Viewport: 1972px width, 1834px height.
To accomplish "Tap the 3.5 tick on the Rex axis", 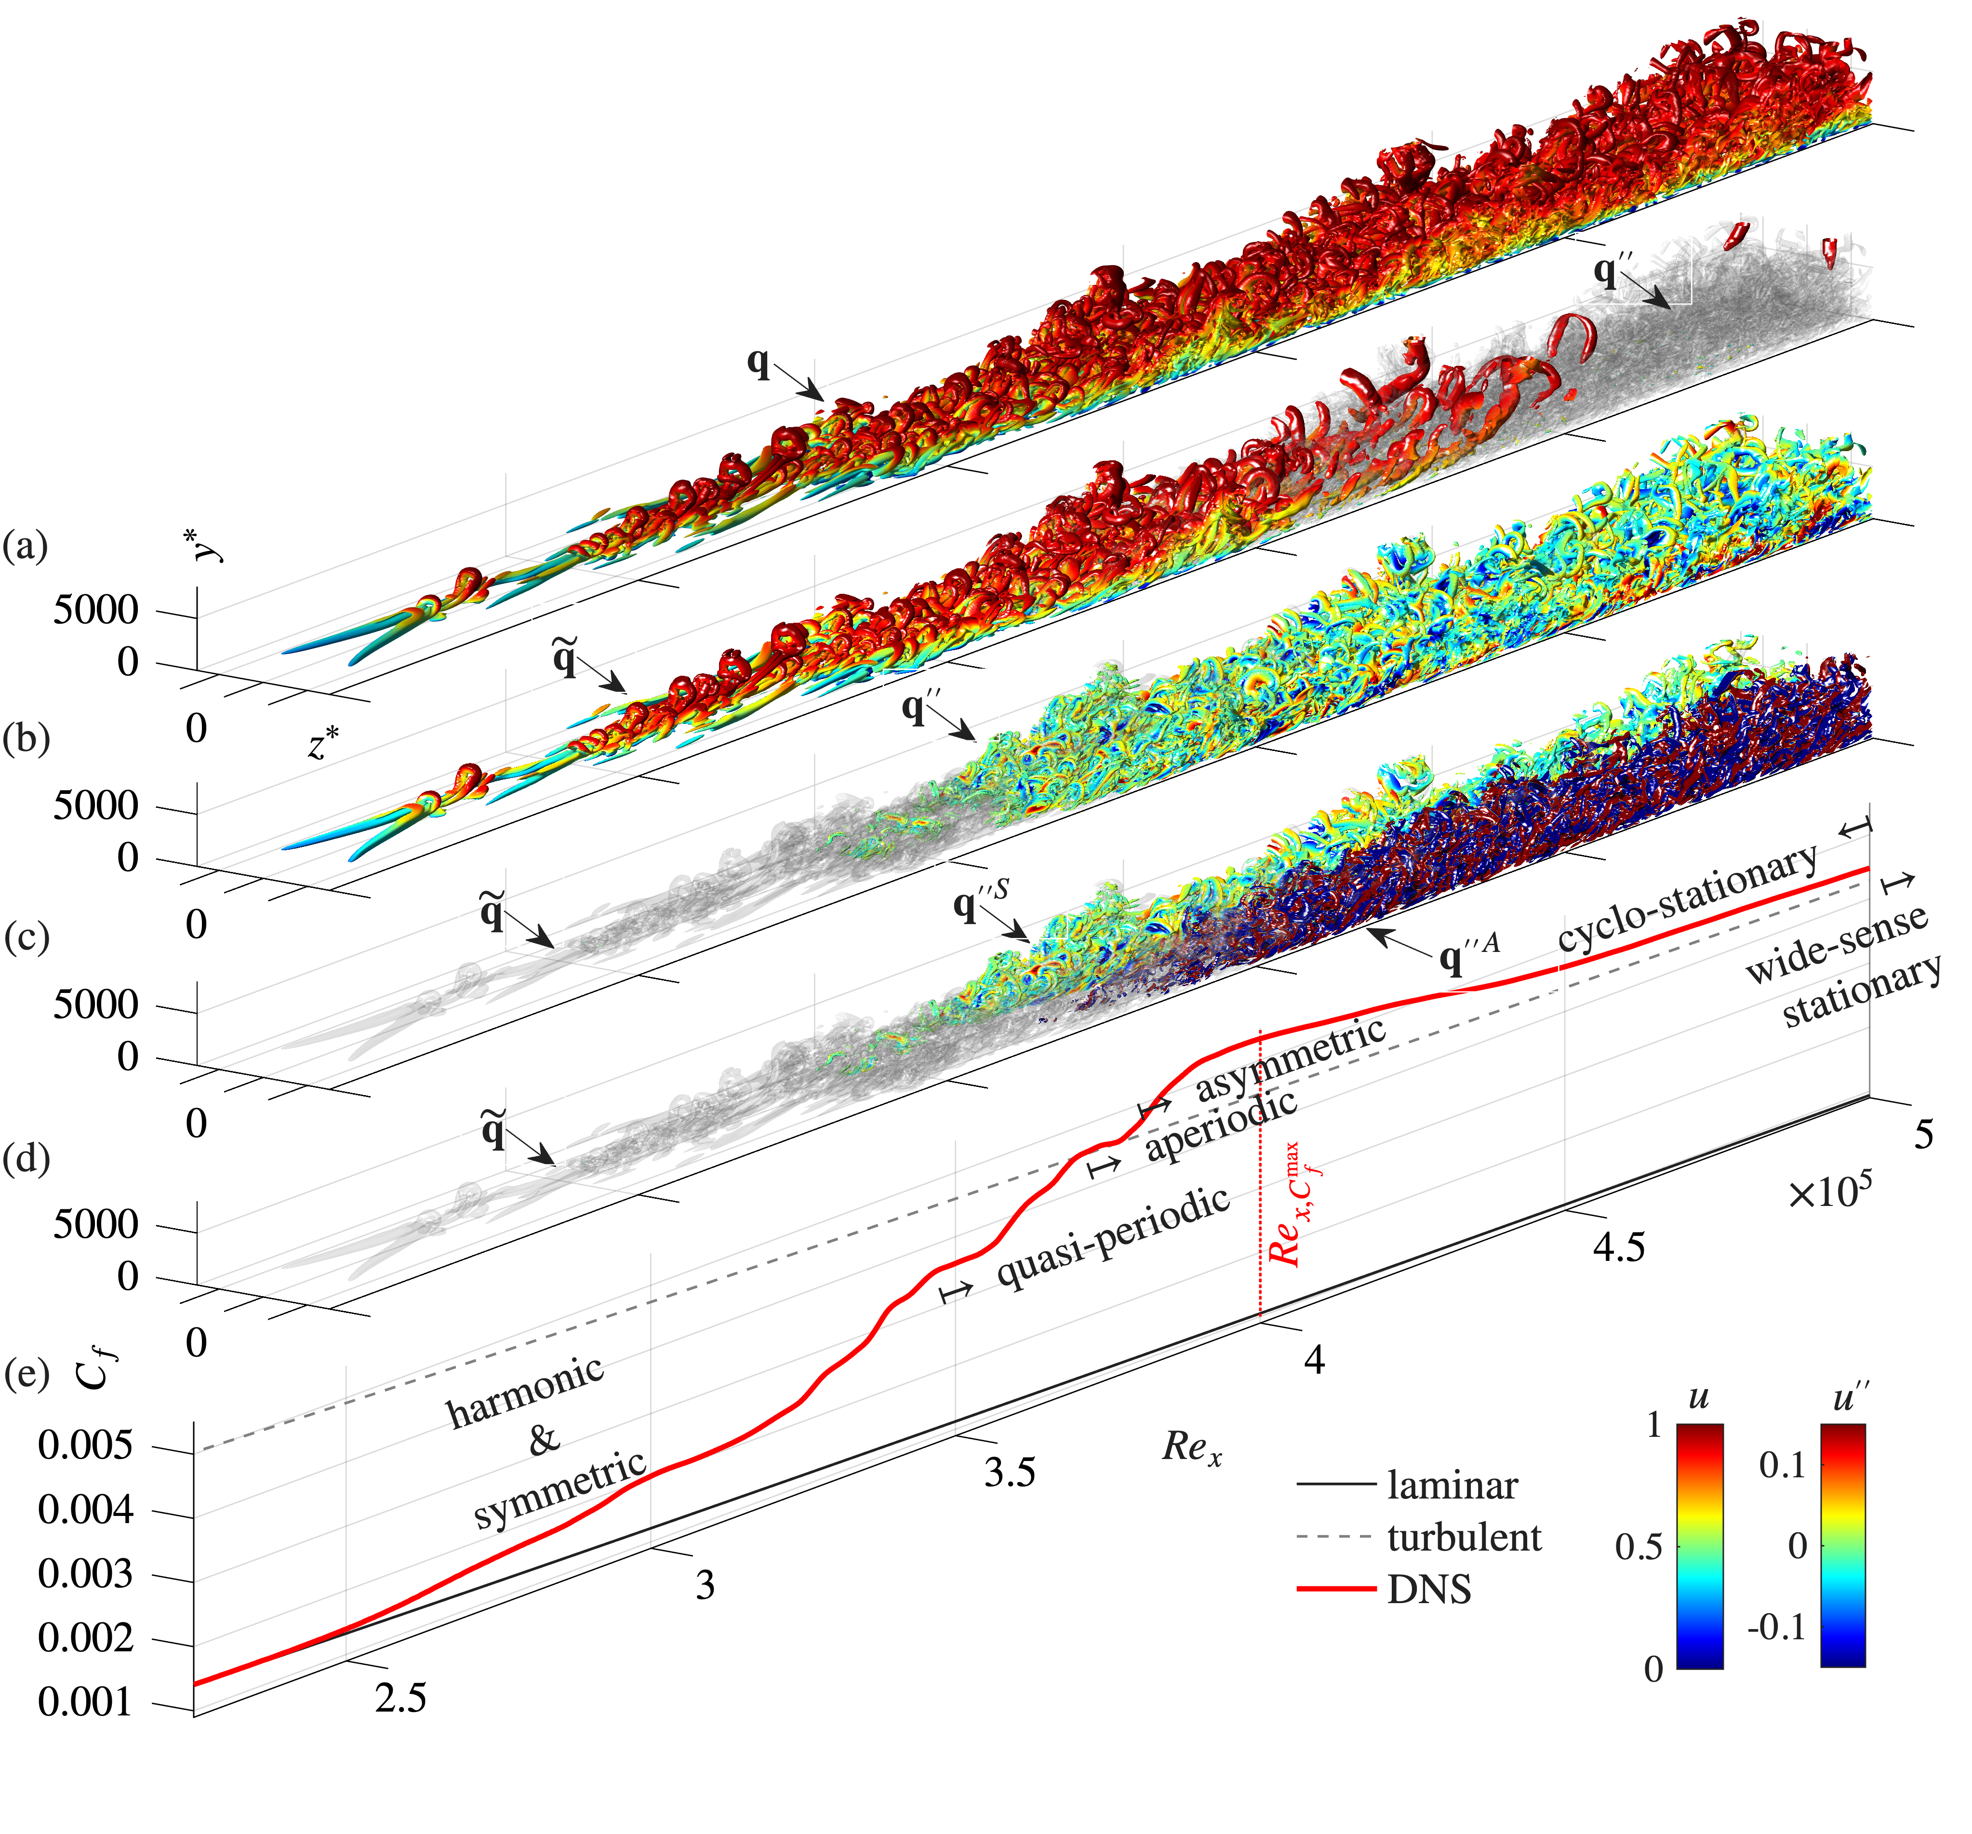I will click(x=1010, y=1473).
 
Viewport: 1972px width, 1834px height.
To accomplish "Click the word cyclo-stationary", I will click(x=1686, y=897).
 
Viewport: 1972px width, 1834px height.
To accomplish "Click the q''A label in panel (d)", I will click(x=1468, y=957).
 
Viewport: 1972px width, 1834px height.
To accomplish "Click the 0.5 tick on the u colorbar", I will click(x=1638, y=1547).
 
